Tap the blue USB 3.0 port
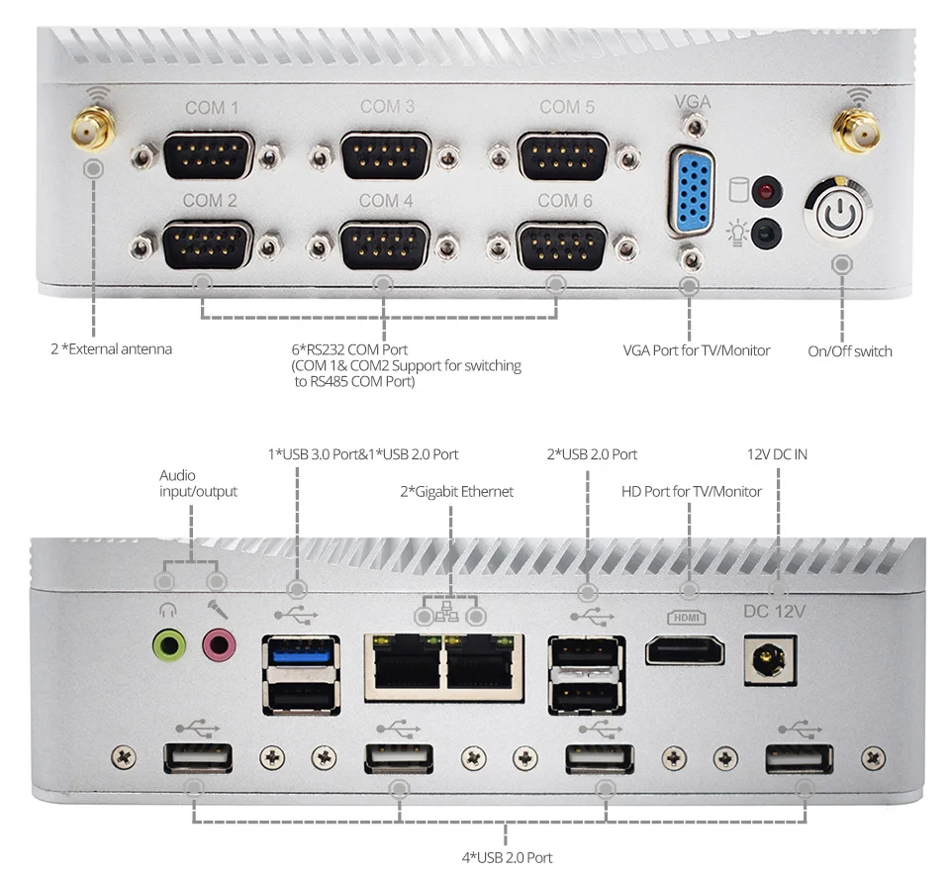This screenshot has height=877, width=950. [301, 655]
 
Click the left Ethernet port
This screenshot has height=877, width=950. [406, 666]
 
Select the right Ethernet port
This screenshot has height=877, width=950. [482, 666]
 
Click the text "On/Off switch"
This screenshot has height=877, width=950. [849, 351]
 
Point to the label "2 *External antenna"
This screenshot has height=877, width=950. [111, 348]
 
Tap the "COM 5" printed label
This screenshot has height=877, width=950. [567, 107]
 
